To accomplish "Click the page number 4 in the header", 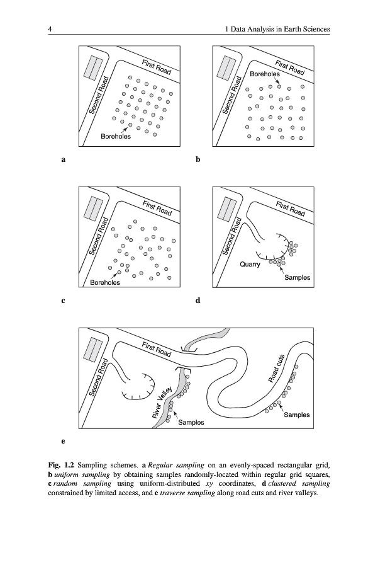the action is click(x=50, y=29).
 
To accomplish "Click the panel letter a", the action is click(x=64, y=159).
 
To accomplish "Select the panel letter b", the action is click(x=198, y=159).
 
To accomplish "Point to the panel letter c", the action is click(x=63, y=301).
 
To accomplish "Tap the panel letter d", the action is click(x=198, y=300).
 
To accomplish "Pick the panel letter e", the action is click(x=63, y=441).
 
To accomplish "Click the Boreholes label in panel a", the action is click(x=116, y=136).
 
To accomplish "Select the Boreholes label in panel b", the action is click(x=265, y=74).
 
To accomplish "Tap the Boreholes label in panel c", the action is click(x=105, y=282).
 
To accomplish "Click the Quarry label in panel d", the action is click(x=250, y=265).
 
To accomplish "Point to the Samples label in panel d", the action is click(x=297, y=277).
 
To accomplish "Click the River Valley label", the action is click(x=162, y=402).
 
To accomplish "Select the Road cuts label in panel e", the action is click(x=277, y=368).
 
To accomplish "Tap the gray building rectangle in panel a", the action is click(x=93, y=67).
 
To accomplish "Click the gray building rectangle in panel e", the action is click(x=93, y=350).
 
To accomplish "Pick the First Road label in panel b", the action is click(x=290, y=67).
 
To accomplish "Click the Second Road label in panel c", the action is click(x=99, y=236).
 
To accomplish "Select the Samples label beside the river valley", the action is click(x=191, y=422).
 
